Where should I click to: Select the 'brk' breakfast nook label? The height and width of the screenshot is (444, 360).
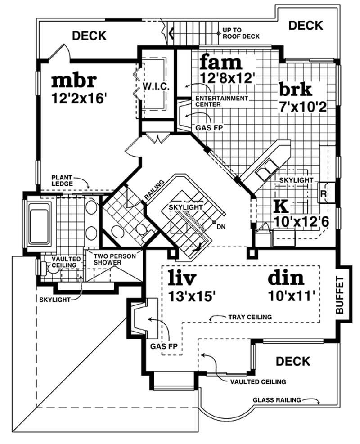pyautogui.click(x=295, y=89)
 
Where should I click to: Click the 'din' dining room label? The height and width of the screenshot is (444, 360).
pyautogui.click(x=286, y=278)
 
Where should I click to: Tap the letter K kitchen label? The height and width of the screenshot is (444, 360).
pyautogui.click(x=280, y=206)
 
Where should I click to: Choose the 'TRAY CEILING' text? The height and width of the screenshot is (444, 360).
pyautogui.click(x=249, y=317)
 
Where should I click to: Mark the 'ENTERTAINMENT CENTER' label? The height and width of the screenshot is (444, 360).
pyautogui.click(x=221, y=101)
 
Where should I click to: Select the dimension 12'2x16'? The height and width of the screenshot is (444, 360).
pyautogui.click(x=79, y=98)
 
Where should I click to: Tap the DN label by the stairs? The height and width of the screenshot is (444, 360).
pyautogui.click(x=220, y=226)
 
